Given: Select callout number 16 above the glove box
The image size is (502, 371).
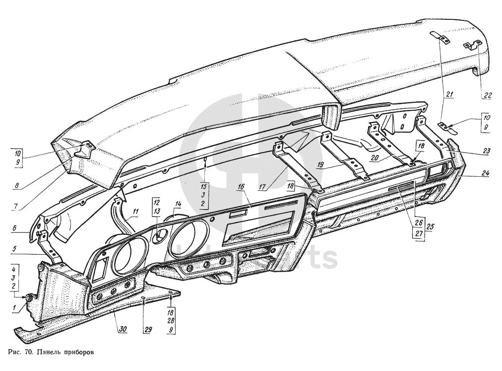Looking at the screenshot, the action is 241,187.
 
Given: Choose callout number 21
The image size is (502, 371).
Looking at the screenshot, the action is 449,94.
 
